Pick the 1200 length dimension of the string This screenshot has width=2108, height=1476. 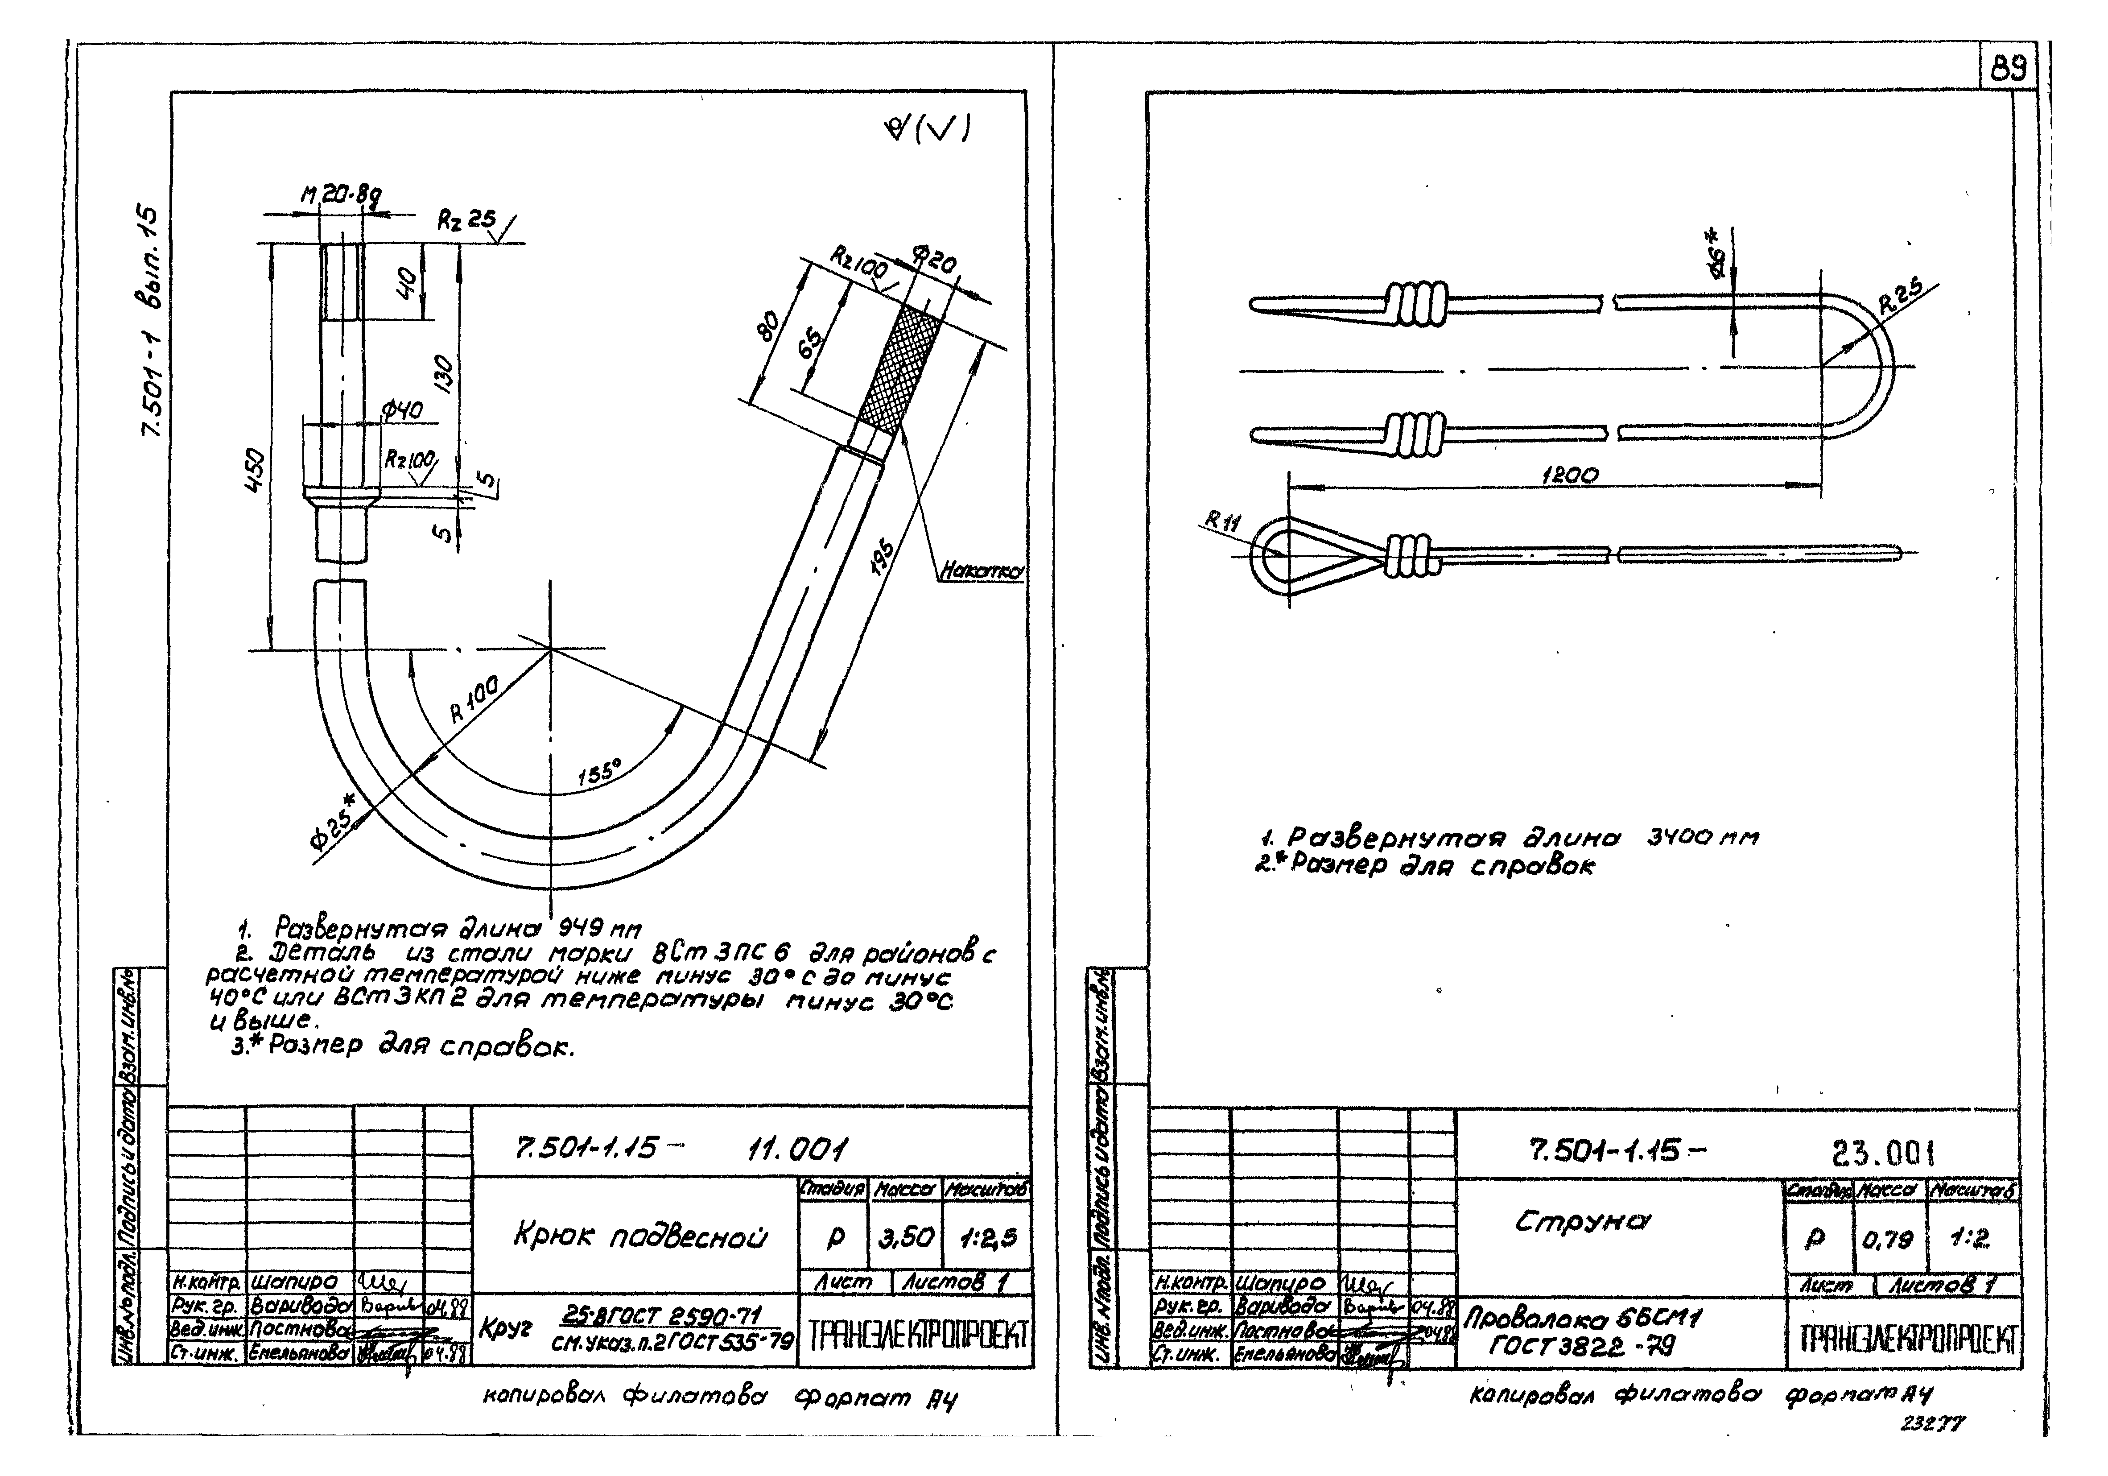coord(1569,475)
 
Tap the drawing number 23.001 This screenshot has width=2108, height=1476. coord(1882,1152)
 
